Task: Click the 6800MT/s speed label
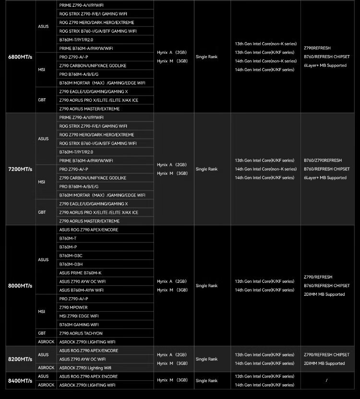click(x=20, y=57)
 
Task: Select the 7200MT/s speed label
click(x=20, y=169)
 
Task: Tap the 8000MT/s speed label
click(x=20, y=286)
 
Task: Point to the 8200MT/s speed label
click(x=20, y=359)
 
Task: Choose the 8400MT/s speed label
click(x=20, y=381)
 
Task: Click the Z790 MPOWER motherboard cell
click(x=73, y=307)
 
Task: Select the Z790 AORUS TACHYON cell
click(x=81, y=333)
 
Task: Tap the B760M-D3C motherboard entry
click(x=71, y=255)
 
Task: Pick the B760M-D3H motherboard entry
click(x=71, y=264)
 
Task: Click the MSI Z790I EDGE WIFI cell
click(x=79, y=316)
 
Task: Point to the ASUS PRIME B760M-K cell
click(x=80, y=273)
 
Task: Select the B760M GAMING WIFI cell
click(x=79, y=325)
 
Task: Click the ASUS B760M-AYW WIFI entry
click(x=81, y=290)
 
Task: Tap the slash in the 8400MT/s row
click(x=326, y=381)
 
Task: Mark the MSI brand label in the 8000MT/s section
click(x=41, y=312)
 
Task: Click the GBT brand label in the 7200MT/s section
click(x=42, y=212)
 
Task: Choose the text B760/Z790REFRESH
click(x=323, y=160)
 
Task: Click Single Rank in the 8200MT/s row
click(x=206, y=359)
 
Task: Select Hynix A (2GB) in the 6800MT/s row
click(x=171, y=52)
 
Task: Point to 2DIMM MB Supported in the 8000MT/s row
click(x=324, y=294)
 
